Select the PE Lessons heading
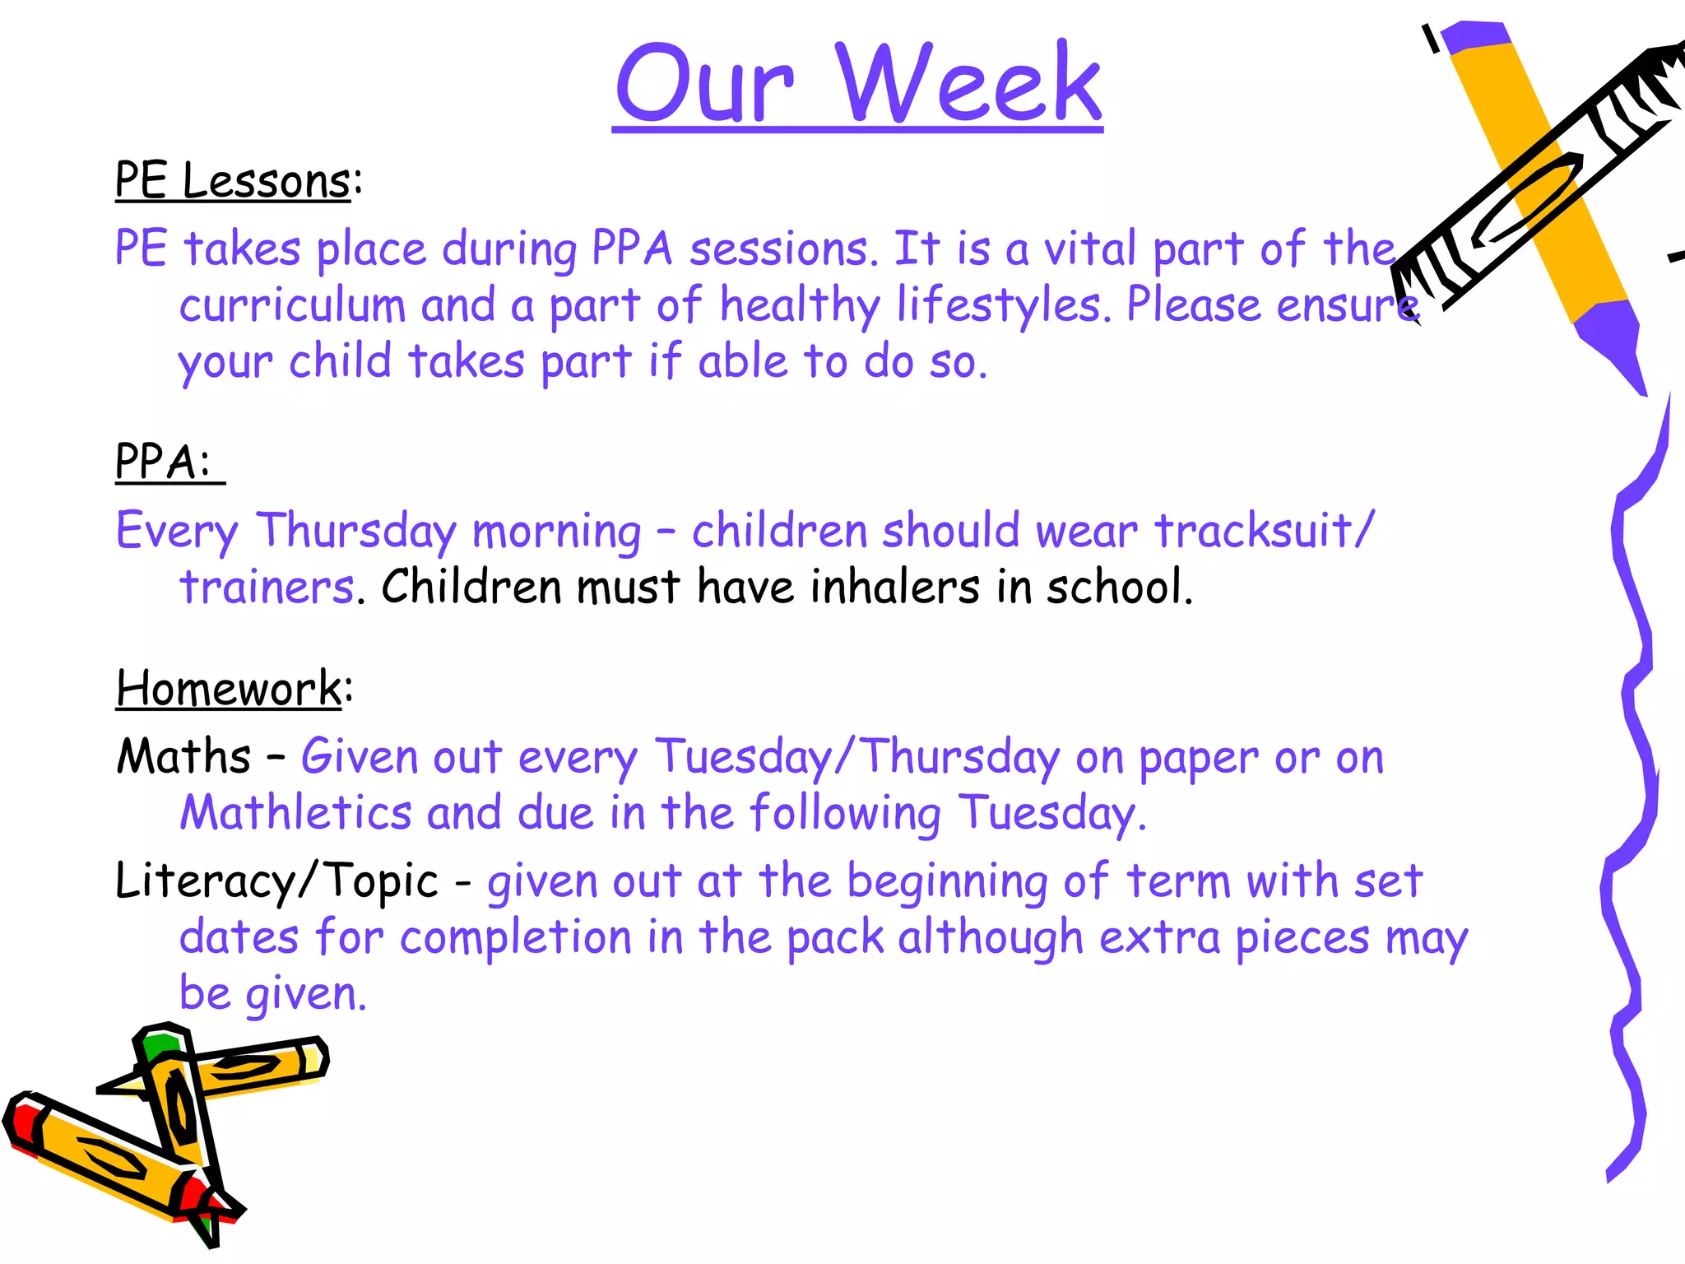pos(233,180)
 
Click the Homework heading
pos(229,688)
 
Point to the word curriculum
pos(292,306)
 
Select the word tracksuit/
pos(1263,531)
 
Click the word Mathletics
pos(295,813)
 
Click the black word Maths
pos(183,757)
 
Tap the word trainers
pos(267,588)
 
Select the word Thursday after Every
pos(355,531)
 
